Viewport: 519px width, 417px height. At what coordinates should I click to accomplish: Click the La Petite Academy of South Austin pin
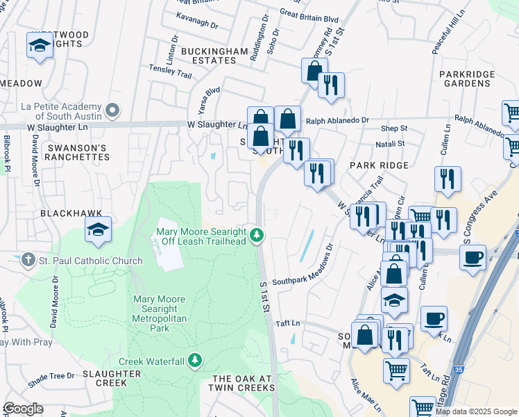tap(114, 111)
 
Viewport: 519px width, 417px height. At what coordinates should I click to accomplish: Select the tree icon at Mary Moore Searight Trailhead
tap(257, 236)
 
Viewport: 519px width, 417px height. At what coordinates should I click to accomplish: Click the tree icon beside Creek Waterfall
tap(196, 361)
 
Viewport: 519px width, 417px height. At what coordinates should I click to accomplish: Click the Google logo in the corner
tap(23, 409)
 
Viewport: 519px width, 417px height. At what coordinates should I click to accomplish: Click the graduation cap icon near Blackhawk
tap(98, 229)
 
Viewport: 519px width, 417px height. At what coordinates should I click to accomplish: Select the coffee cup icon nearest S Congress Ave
tap(473, 257)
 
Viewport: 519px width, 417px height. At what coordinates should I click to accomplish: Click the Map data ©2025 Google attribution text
tap(476, 411)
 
